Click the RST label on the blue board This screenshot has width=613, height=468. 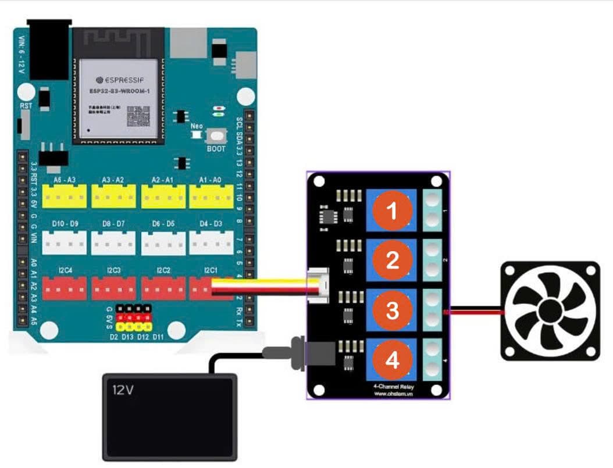pos(26,106)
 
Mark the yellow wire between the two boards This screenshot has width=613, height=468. pos(262,281)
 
